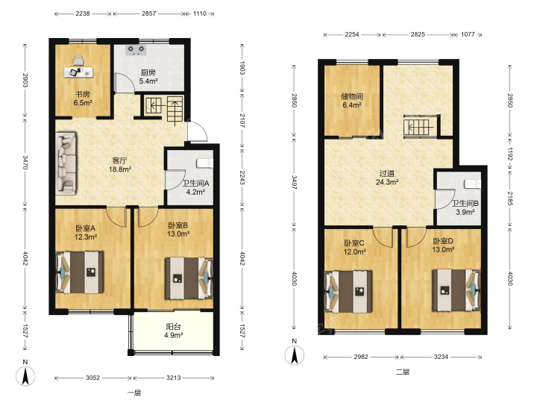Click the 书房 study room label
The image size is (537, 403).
pyautogui.click(x=83, y=94)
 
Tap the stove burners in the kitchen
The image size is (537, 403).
pyautogui.click(x=136, y=50)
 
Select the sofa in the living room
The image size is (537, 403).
pyautogui.click(x=66, y=163)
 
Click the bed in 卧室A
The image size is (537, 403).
pyautogui.click(x=80, y=272)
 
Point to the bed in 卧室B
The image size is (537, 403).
pyautogui.click(x=189, y=278)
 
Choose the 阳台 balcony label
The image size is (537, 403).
pyautogui.click(x=173, y=327)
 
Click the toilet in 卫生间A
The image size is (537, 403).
pyautogui.click(x=204, y=163)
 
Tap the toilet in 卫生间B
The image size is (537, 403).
pyautogui.click(x=473, y=184)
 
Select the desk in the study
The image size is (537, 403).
pyautogui.click(x=78, y=72)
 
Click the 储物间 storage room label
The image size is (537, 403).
pyautogui.click(x=352, y=96)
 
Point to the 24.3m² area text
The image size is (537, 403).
pyautogui.click(x=387, y=182)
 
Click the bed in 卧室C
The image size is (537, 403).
pyautogui.click(x=348, y=292)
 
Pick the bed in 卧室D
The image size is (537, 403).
pyautogui.click(x=456, y=290)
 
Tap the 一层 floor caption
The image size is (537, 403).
pyautogui.click(x=134, y=393)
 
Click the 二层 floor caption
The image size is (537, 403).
pyautogui.click(x=403, y=372)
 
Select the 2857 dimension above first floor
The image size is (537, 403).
pyautogui.click(x=148, y=13)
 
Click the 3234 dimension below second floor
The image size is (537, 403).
pyautogui.click(x=441, y=357)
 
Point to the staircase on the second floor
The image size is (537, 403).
pyautogui.click(x=421, y=126)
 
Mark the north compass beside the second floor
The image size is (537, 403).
pyautogui.click(x=295, y=352)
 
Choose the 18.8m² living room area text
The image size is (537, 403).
pyautogui.click(x=120, y=169)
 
